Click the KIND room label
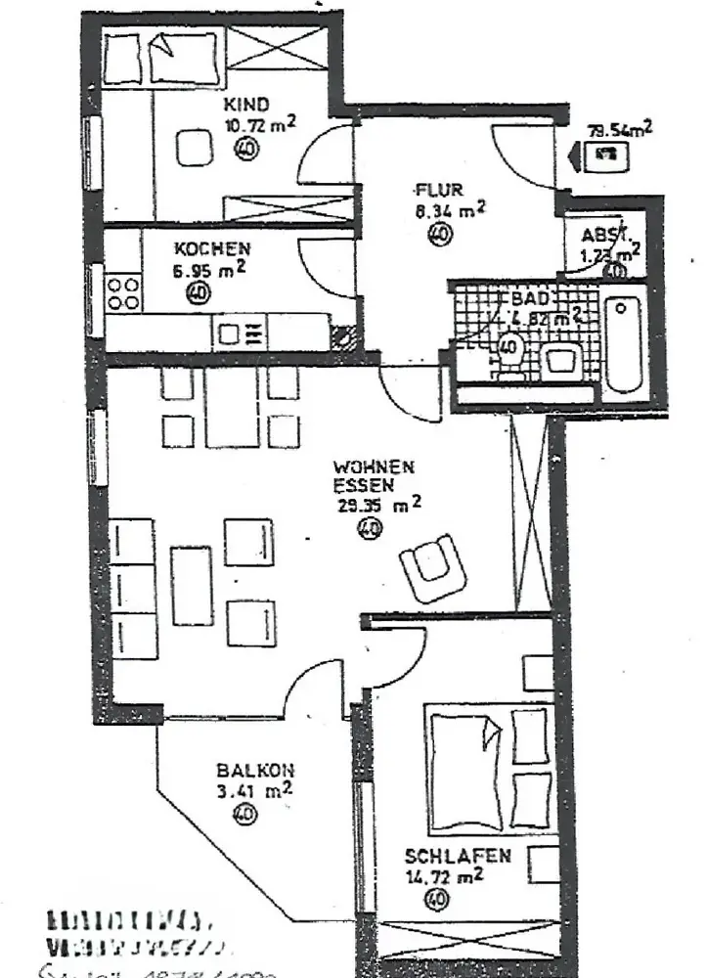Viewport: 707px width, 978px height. tap(245, 105)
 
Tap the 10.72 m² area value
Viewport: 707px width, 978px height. tap(260, 124)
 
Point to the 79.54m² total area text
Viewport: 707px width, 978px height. tap(618, 130)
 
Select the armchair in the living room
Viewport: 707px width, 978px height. tap(433, 566)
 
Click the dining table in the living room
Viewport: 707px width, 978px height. tap(232, 408)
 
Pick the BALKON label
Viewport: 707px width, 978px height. tap(256, 771)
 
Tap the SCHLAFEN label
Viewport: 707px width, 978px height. tap(458, 856)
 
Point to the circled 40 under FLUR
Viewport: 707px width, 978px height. tap(439, 233)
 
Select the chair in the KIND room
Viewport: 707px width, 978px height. tap(194, 147)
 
